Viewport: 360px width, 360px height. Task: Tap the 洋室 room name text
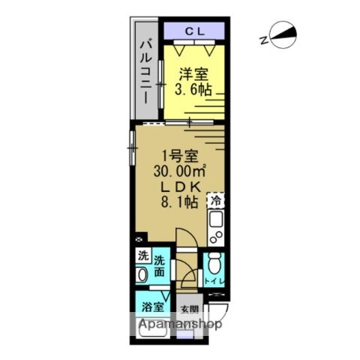pos(193,74)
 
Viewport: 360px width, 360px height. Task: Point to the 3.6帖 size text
pos(193,90)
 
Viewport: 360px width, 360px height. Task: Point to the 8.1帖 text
pos(180,202)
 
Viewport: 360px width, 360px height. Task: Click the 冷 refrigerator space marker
pos(215,201)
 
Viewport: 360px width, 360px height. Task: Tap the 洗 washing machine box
pos(142,256)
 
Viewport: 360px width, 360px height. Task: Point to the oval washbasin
pos(142,275)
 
